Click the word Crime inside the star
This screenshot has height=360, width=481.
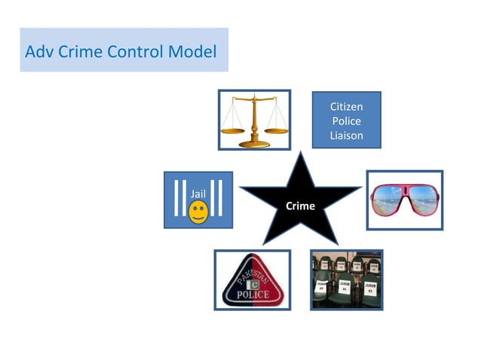tap(300, 206)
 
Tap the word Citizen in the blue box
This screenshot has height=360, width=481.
tap(346, 108)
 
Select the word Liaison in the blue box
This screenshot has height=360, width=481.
tap(346, 136)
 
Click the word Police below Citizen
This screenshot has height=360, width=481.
tap(346, 121)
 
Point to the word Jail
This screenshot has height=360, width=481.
tap(198, 194)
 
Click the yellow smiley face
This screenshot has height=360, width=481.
tap(198, 213)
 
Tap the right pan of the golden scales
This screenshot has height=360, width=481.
tap(276, 129)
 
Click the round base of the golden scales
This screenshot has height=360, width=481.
tap(254, 144)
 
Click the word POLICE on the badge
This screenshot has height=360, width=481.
tap(252, 294)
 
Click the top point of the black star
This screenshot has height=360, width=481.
tap(301, 154)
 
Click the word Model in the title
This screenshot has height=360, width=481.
tap(191, 52)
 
